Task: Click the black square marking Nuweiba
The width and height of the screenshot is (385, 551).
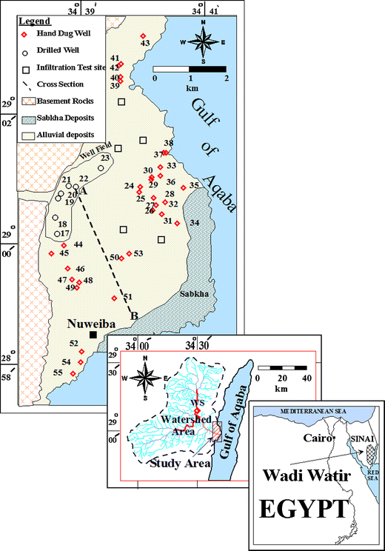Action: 93,335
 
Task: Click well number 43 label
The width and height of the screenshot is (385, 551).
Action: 145,44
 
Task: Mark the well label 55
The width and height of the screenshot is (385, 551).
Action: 57,373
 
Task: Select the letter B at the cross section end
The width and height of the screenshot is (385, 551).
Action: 134,316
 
